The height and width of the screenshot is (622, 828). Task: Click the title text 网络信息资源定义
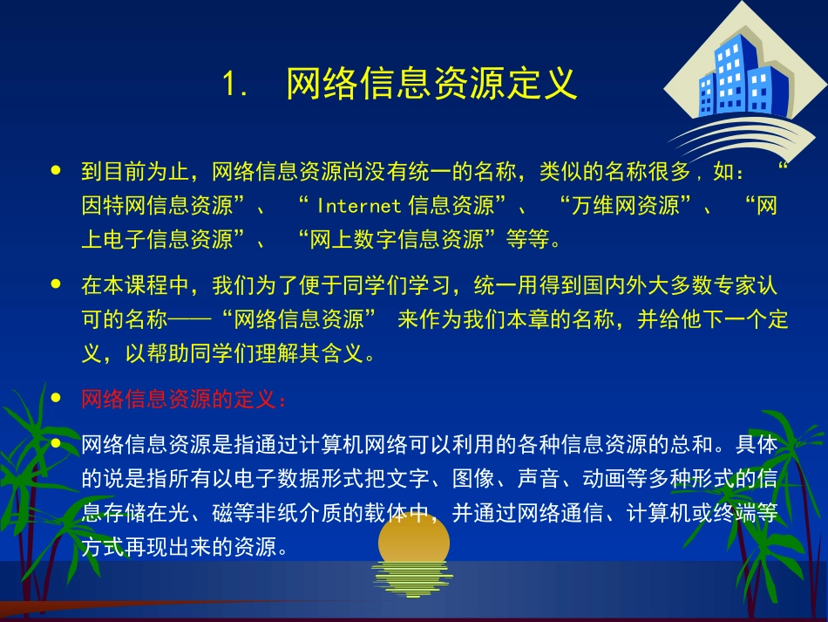coord(431,85)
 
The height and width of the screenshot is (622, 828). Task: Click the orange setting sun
coord(414,541)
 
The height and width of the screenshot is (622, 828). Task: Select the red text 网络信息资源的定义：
coord(184,400)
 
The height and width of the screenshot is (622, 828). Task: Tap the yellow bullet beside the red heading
coord(57,399)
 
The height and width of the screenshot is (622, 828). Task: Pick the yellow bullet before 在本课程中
coord(57,284)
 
